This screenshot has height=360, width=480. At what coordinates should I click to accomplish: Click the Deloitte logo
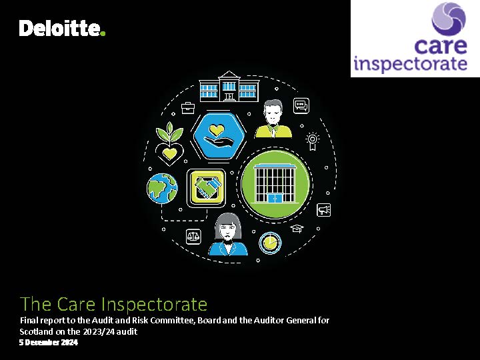click(62, 28)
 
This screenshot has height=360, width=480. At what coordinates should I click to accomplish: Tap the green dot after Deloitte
click(103, 33)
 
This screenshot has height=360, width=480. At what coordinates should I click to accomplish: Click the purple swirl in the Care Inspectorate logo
click(449, 19)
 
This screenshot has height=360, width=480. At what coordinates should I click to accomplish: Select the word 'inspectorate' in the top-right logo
click(410, 64)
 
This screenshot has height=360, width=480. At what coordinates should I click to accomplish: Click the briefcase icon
click(187, 108)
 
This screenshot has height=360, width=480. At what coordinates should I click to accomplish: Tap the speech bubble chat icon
click(301, 105)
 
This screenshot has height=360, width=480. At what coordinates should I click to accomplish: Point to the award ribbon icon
click(312, 141)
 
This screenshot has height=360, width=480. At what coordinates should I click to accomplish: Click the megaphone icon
click(323, 210)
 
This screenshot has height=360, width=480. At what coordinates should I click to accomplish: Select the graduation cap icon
click(297, 229)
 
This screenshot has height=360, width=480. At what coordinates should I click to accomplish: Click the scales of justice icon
click(193, 237)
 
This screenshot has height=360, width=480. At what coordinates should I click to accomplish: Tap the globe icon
click(162, 189)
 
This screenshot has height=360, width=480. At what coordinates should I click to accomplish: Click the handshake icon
click(206, 188)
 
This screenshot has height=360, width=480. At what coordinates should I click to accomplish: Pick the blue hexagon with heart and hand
click(219, 135)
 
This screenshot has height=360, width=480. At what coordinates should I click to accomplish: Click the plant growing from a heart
click(169, 143)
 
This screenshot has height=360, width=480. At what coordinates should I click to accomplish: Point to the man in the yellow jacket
click(273, 119)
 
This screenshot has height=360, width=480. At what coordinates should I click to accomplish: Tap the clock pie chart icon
click(270, 243)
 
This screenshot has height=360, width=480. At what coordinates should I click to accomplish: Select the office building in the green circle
click(275, 183)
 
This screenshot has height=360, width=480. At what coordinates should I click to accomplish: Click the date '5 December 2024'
click(49, 342)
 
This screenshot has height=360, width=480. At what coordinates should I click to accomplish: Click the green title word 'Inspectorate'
click(154, 304)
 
